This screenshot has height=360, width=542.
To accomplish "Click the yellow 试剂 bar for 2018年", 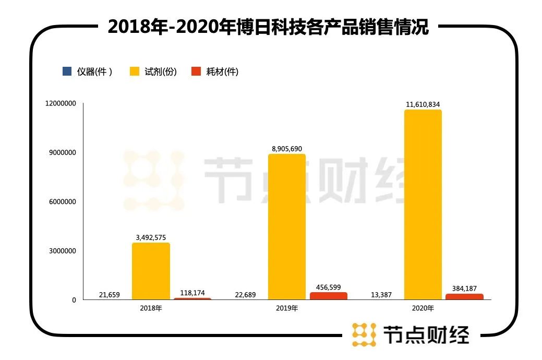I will coord(151,271).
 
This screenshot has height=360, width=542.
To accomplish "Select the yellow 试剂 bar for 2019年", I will coord(287,226).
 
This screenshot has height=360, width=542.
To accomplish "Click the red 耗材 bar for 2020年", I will coord(464,296).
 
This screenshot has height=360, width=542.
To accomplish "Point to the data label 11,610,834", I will coord(423,104).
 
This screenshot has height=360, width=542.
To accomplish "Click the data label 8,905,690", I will coord(287,149).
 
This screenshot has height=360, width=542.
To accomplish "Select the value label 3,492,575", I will coord(151,237).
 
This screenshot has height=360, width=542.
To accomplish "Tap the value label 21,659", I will coord(109,295).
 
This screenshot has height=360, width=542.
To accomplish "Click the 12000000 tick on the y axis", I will coord(61,104).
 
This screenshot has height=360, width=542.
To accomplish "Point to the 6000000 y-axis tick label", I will coord(63,202).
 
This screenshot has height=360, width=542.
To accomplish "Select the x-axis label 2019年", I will coord(286,308).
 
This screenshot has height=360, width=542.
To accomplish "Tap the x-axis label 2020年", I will coord(423,308).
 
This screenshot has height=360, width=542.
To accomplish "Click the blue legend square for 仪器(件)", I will coord(67,71).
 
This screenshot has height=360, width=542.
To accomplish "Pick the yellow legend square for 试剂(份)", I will coord(135,71).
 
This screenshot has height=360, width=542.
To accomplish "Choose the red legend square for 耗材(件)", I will coord(196,71).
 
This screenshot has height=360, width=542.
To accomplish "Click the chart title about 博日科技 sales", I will coord(268,27).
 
